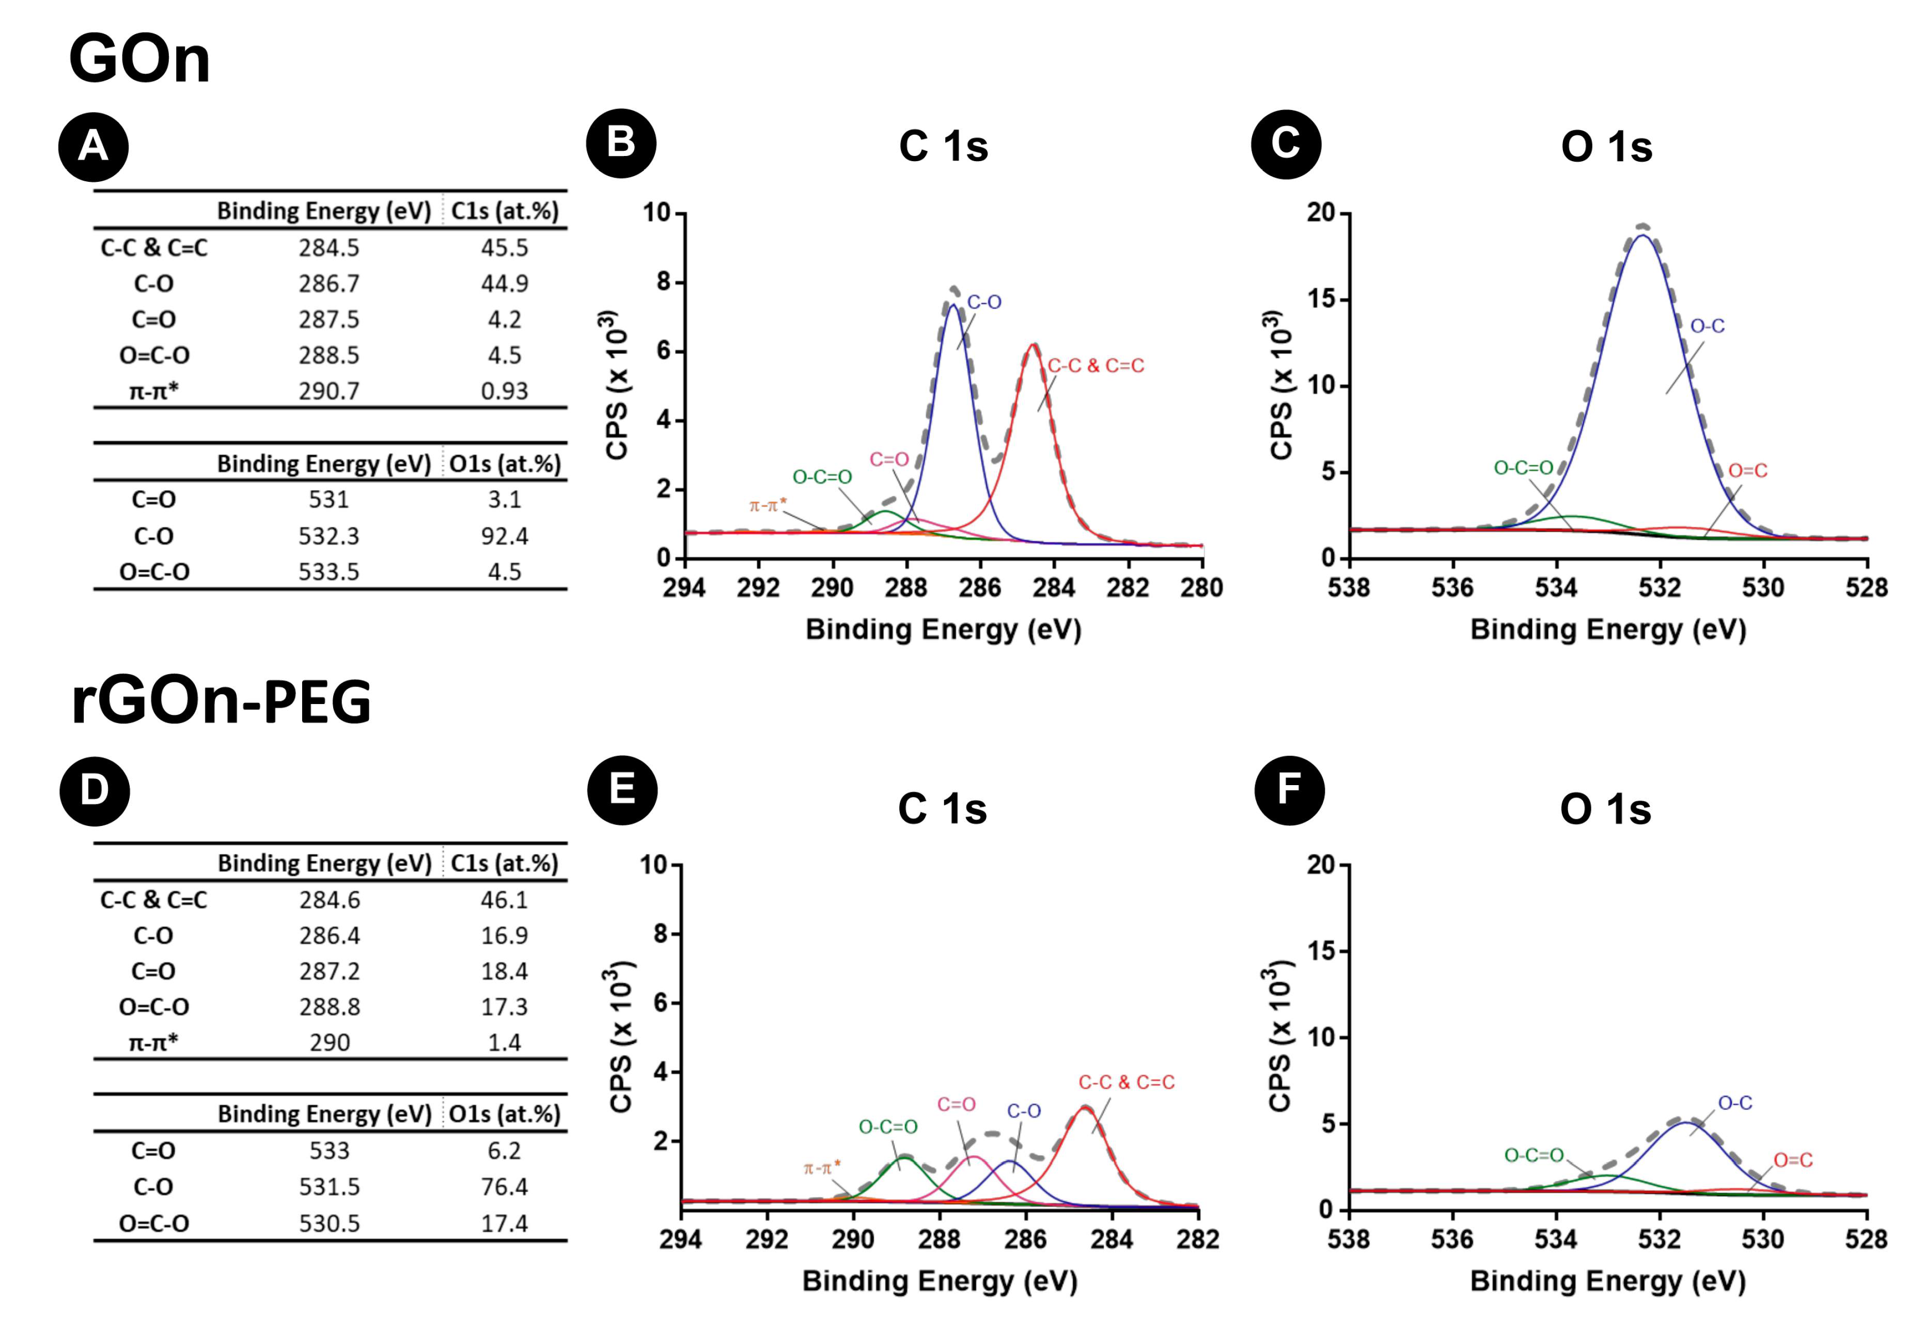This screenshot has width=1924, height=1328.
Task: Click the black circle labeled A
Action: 93,147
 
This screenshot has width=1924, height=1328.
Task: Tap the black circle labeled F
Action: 1289,790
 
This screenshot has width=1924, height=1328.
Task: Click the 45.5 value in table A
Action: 504,248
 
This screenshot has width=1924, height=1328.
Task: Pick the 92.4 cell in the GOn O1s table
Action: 504,536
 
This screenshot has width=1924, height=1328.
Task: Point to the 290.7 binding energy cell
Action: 330,391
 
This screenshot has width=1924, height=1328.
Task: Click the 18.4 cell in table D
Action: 504,971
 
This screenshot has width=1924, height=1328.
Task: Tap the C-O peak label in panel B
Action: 984,303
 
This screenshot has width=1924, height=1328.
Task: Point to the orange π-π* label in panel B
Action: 767,505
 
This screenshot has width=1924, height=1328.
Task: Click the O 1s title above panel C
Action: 1606,147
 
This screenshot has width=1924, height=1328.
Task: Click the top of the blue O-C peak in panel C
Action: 1643,236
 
